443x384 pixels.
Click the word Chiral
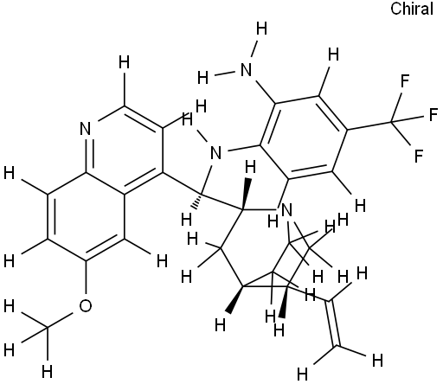tap(412, 9)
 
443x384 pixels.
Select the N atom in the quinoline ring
tap(86, 129)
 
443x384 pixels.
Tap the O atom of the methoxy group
tap(86, 306)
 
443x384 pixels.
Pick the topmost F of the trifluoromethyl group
tap(405, 81)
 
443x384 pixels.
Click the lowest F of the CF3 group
tap(419, 156)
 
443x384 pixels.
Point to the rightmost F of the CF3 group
tap(433, 114)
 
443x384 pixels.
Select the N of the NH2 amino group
tap(246, 70)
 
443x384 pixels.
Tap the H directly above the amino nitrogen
tap(261, 29)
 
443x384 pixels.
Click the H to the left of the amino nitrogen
tap(203, 78)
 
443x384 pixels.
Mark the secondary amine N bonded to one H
tap(215, 153)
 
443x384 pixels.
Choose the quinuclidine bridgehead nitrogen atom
tap(286, 210)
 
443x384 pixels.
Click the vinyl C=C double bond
tap(332, 323)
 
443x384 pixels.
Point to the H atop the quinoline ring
tap(125, 62)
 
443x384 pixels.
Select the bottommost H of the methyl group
tap(47, 371)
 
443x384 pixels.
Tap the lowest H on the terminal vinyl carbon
tap(302, 374)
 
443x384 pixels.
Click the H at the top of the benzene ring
tap(333, 54)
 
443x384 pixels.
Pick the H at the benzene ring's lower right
tap(360, 206)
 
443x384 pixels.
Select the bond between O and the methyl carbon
tap(60, 320)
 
